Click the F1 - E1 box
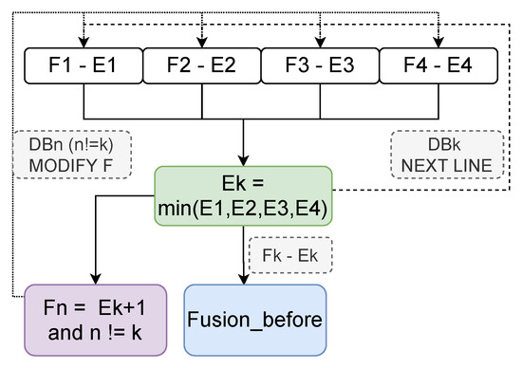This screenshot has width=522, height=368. coord(82,65)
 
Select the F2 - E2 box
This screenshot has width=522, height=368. coord(201,65)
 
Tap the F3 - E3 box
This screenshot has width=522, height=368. coord(320,65)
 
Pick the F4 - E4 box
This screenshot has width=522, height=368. coord(438,65)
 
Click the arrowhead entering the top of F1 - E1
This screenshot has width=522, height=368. coord(83,40)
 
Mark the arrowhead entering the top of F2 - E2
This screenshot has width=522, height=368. coord(201,40)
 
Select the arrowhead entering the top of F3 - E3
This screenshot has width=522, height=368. coord(320,40)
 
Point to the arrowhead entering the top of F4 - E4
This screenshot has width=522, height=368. coord(438,40)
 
